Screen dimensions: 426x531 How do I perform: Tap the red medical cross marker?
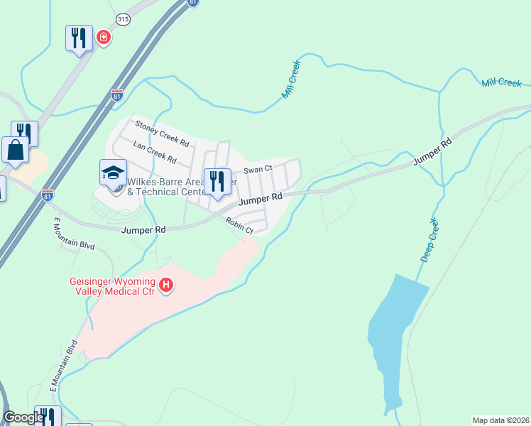pyautogui.click(x=104, y=36)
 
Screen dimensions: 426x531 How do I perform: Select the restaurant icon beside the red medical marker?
pyautogui.click(x=79, y=38)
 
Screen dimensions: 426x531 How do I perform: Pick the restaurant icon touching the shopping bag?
pyautogui.click(x=25, y=133)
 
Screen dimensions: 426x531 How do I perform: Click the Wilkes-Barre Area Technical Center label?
pyautogui.click(x=169, y=186)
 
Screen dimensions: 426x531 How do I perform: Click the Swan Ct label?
pyautogui.click(x=258, y=170)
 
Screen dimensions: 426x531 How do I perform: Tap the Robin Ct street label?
pyautogui.click(x=239, y=226)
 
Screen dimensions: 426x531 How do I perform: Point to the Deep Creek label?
pyautogui.click(x=430, y=242)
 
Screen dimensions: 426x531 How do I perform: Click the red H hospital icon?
pyautogui.click(x=166, y=285)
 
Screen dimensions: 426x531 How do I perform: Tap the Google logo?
pyautogui.click(x=23, y=417)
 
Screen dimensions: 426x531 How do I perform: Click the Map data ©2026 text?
pyautogui.click(x=500, y=420)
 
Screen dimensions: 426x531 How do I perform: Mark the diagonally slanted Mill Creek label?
pyautogui.click(x=291, y=79)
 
